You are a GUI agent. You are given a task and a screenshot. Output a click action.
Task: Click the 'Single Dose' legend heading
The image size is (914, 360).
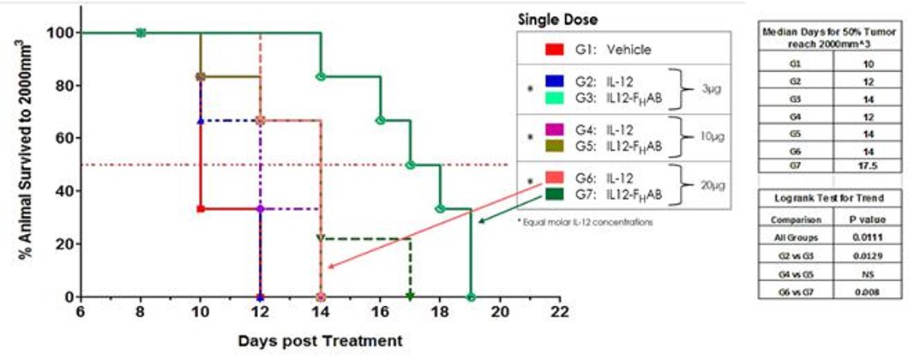point(558,19)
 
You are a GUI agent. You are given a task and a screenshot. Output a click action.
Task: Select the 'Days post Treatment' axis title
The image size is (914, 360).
point(320,340)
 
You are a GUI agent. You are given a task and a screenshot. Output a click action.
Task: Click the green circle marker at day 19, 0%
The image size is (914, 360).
point(470,297)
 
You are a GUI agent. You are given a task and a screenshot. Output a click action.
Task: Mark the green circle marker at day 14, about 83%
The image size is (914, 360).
point(321,76)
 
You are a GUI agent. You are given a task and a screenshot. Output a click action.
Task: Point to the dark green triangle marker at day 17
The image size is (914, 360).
point(410,297)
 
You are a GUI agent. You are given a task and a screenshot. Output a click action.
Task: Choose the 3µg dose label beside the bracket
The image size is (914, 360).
point(707,89)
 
